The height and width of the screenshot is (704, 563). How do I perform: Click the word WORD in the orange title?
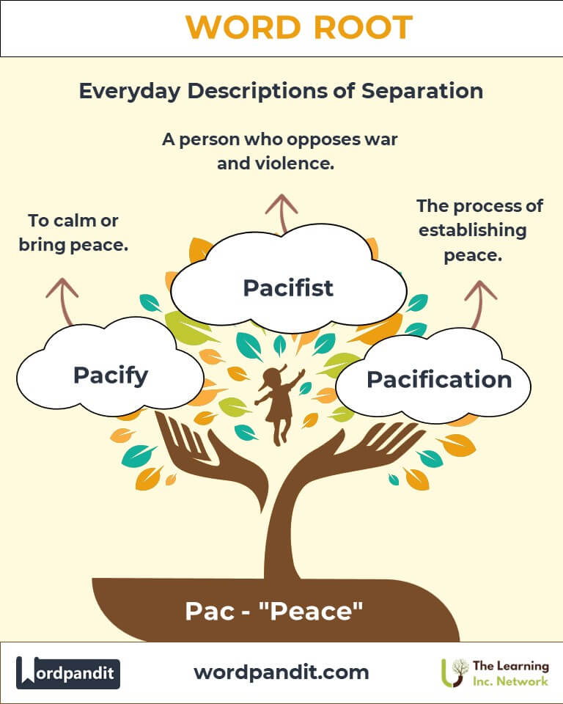[x=243, y=27]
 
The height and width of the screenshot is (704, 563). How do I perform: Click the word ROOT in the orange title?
[x=363, y=27]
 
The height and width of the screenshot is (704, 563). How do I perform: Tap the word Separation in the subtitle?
[x=422, y=91]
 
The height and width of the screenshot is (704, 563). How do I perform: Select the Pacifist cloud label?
[x=288, y=287]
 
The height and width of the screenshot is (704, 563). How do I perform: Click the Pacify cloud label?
[x=111, y=375]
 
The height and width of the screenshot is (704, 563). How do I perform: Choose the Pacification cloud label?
[x=440, y=380]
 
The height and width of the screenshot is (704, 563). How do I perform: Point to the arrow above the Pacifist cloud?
[x=281, y=213]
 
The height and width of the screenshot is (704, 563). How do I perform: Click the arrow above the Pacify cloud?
[x=63, y=301]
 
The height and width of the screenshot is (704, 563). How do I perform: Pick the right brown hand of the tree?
[x=355, y=453]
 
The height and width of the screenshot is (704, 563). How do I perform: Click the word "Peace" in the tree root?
[x=311, y=612]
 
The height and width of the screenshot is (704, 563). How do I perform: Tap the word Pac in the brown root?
[x=210, y=612]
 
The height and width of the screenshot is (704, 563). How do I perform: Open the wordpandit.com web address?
[x=281, y=672]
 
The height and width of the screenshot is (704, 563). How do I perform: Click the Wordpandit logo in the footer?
[x=67, y=672]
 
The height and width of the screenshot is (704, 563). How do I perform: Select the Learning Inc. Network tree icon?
[x=454, y=672]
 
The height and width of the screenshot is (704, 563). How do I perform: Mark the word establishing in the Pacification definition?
[x=473, y=231]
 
